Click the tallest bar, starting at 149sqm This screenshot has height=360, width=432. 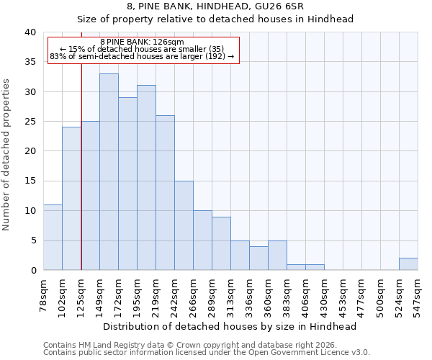[x=109, y=172]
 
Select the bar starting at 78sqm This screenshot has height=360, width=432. [x=53, y=238]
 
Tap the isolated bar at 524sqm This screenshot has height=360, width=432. [x=408, y=264]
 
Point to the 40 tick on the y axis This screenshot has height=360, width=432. [x=30, y=32]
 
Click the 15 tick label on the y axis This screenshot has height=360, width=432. [x=30, y=181]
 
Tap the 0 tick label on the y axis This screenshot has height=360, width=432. [x=33, y=271]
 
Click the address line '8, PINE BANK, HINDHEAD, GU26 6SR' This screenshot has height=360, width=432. [x=215, y=6]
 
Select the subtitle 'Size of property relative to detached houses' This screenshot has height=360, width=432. [x=215, y=19]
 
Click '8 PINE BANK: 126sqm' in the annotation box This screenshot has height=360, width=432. [x=142, y=42]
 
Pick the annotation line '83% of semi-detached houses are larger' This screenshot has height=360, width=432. [x=142, y=56]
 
